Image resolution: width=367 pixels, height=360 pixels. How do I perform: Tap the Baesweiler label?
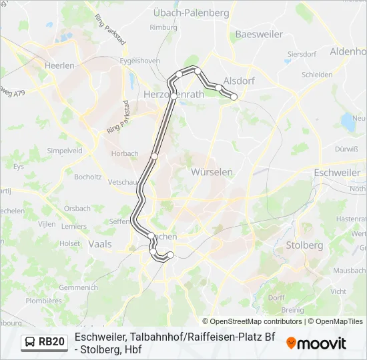click(259, 34)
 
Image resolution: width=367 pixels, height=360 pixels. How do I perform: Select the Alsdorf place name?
click(238, 80)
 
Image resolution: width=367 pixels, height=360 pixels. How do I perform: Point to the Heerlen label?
click(59, 67)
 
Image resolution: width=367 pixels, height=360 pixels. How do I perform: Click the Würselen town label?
click(212, 172)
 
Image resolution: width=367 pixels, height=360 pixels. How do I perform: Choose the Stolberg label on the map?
click(304, 245)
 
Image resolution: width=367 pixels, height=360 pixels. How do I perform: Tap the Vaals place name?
click(100, 245)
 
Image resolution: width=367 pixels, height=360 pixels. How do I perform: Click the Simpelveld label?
click(64, 151)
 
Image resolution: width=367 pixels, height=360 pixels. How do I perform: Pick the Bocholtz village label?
click(88, 177)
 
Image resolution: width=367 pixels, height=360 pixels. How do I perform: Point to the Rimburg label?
click(163, 27)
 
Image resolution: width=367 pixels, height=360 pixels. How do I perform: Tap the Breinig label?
click(292, 309)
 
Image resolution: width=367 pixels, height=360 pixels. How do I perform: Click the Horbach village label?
click(125, 153)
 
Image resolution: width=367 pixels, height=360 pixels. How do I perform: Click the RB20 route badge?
click(44, 342)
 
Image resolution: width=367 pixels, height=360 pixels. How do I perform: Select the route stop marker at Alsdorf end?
click(234, 97)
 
